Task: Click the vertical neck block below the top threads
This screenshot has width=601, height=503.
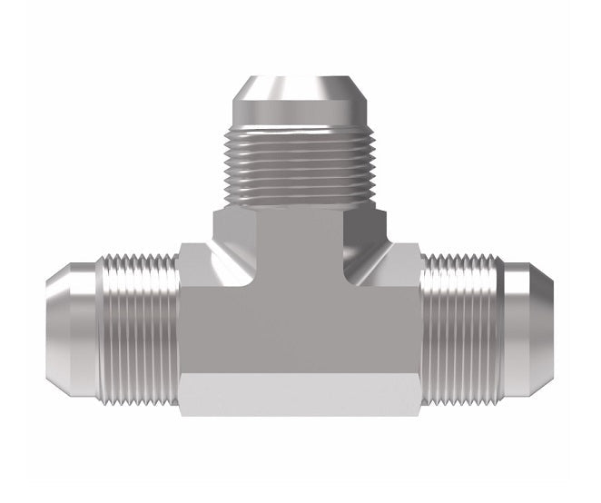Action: point(299,232)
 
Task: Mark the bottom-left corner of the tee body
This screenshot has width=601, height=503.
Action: point(181,415)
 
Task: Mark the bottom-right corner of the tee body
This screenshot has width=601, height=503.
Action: point(420,415)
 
